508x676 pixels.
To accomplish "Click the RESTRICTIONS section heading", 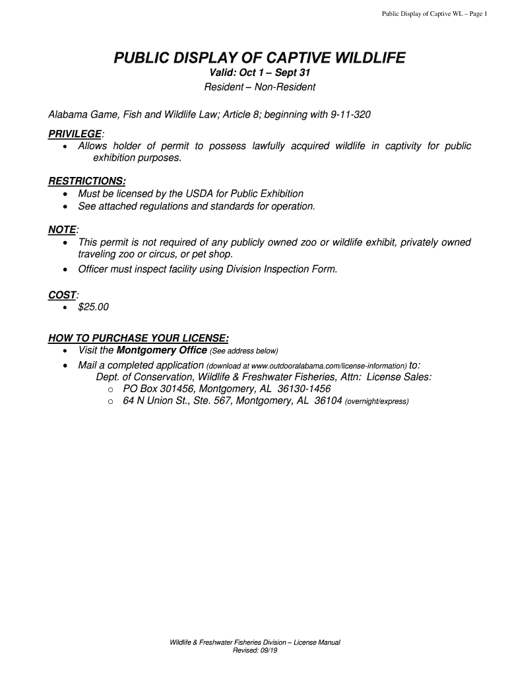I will point(87,181).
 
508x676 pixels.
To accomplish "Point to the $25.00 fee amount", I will point(93,307).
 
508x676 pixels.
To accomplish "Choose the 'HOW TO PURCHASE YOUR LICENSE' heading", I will point(139,338).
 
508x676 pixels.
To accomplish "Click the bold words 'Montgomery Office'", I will point(156,350).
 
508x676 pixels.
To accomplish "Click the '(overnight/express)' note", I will point(377,401).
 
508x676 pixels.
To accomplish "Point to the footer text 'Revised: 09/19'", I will point(255,650).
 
